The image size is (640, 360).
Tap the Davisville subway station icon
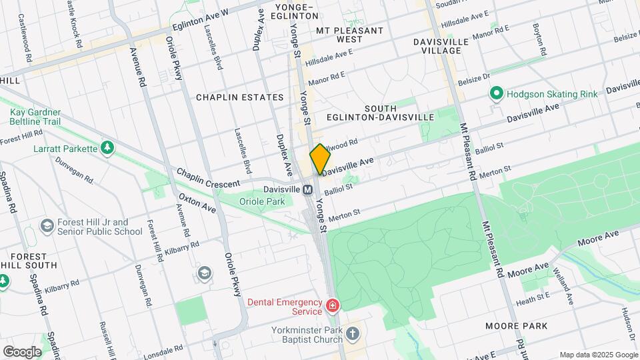tap(308, 189)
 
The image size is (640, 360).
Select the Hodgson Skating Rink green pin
tap(496, 94)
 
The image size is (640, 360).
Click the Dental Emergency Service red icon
tap(332, 306)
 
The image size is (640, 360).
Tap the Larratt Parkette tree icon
tap(106, 147)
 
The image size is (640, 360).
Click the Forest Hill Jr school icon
tap(47, 227)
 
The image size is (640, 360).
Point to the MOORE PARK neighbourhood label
tap(516, 326)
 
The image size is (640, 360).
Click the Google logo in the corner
tap(21, 351)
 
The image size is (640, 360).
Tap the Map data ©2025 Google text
tap(598, 355)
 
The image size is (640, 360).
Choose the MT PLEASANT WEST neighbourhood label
tap(349, 35)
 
